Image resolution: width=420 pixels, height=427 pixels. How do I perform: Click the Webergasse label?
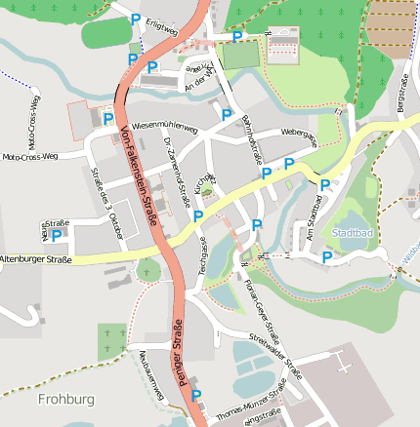click(x=299, y=136)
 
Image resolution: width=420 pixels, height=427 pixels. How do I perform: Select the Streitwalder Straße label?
click(x=275, y=356)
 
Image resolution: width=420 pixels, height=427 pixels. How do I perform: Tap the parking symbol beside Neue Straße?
click(x=58, y=235)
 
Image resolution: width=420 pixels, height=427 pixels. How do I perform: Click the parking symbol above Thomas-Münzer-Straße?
click(x=196, y=395)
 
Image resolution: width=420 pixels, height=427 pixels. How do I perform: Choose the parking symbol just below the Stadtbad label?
click(x=326, y=256)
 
